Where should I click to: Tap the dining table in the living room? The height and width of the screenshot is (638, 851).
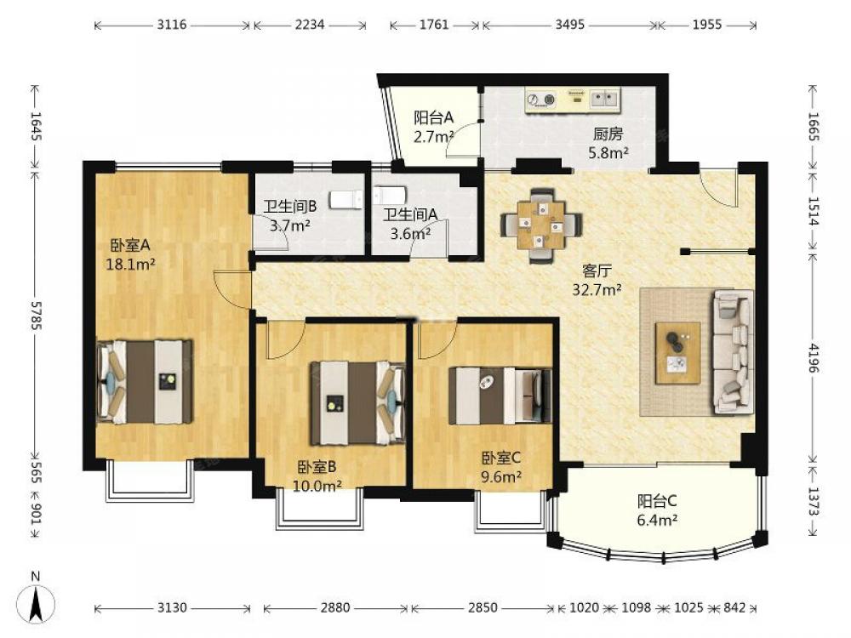pyautogui.click(x=541, y=225)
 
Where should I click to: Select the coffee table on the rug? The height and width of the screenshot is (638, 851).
pyautogui.click(x=677, y=353)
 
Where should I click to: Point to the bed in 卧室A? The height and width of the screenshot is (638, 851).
pyautogui.click(x=145, y=382)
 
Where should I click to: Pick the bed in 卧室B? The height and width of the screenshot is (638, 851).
pyautogui.click(x=357, y=402)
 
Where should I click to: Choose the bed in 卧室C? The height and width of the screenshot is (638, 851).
pyautogui.click(x=500, y=396)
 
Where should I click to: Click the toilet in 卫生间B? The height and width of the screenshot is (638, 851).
pyautogui.click(x=346, y=200)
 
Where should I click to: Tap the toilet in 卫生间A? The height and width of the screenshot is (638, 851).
pyautogui.click(x=390, y=195)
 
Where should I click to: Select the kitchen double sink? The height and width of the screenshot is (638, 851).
pyautogui.click(x=604, y=99)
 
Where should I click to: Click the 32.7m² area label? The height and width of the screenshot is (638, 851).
pyautogui.click(x=597, y=290)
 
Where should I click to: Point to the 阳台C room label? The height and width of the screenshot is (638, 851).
pyautogui.click(x=657, y=501)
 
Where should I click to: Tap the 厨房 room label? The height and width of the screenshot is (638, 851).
pyautogui.click(x=608, y=134)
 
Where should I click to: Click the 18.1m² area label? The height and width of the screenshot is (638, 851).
pyautogui.click(x=131, y=265)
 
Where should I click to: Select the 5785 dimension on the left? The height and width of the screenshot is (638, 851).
pyautogui.click(x=37, y=316)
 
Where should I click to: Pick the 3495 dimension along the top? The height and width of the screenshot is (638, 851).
pyautogui.click(x=570, y=25)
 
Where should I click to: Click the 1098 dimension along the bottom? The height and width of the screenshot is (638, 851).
pyautogui.click(x=636, y=607)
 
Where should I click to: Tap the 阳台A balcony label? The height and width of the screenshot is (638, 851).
pyautogui.click(x=433, y=117)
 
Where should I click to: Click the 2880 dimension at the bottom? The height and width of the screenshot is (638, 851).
pyautogui.click(x=334, y=607)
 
